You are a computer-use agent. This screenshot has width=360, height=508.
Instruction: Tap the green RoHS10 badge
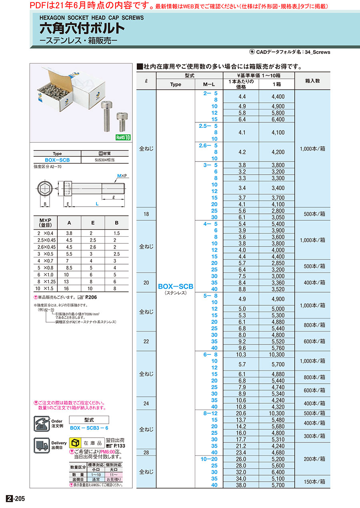point(123,137)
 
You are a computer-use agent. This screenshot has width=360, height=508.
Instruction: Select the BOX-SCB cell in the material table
point(57,160)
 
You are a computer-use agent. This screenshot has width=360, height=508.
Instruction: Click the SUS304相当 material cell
point(105,160)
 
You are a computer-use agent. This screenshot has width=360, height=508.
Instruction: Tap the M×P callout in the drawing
point(122,176)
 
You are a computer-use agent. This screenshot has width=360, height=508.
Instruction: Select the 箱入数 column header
point(312,81)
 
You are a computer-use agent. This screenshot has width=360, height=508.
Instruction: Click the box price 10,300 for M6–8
point(277,355)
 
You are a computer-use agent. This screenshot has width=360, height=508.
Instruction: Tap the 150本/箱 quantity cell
point(312,479)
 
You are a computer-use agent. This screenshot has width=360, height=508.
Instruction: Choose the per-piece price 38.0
point(241,485)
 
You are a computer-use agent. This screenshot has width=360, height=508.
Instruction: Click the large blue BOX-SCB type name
point(176,286)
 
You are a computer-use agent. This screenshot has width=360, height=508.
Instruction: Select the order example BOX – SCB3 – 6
point(88,428)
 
